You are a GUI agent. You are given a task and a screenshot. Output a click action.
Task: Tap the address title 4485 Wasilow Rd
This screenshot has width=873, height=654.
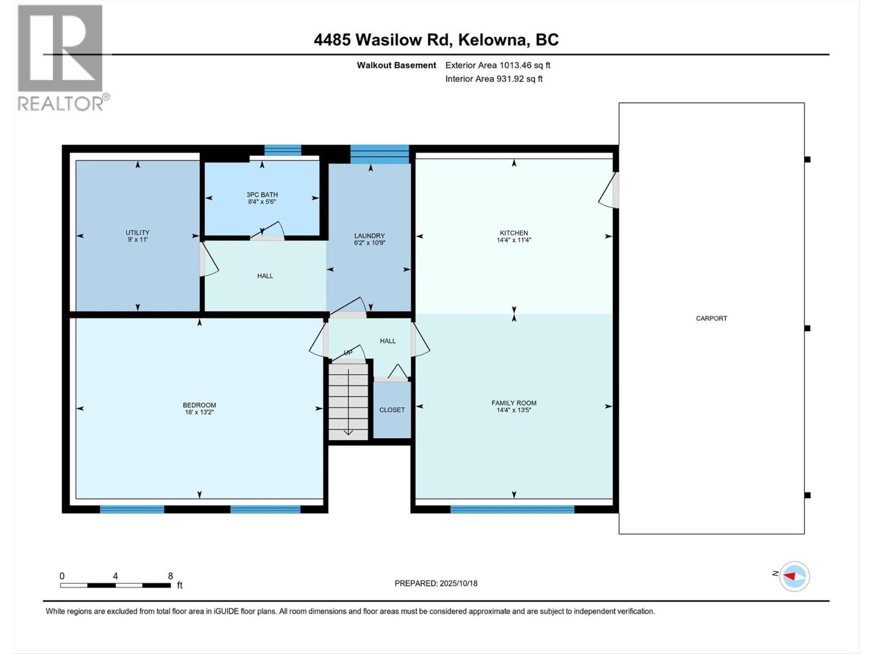pyautogui.click(x=381, y=40)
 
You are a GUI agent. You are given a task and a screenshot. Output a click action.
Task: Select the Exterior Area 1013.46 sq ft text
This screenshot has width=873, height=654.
pyautogui.click(x=498, y=65)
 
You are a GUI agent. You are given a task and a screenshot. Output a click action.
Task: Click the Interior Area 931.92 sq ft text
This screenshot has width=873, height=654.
pyautogui.click(x=494, y=78)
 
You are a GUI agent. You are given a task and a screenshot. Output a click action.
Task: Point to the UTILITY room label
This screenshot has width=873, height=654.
pyautogui.click(x=137, y=232)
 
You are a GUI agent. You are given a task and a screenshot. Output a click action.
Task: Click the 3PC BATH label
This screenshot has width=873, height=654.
pyautogui.click(x=262, y=195)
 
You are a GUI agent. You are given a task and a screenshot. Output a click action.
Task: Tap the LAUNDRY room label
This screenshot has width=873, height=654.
pyautogui.click(x=369, y=236)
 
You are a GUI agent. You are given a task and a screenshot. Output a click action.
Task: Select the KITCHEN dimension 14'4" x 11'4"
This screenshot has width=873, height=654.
pyautogui.click(x=514, y=240)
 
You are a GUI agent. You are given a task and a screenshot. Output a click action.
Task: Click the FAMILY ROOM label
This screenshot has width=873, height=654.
pyautogui.click(x=514, y=403)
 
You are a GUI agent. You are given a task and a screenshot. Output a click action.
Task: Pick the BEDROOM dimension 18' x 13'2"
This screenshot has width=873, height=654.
pyautogui.click(x=199, y=412)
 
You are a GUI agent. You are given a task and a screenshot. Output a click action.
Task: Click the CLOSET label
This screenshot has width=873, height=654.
pyautogui.click(x=392, y=410)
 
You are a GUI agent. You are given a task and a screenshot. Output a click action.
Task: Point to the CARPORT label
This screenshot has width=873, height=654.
pyautogui.click(x=711, y=318)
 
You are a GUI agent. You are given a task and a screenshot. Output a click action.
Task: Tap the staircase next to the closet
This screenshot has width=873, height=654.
pyautogui.click(x=349, y=401)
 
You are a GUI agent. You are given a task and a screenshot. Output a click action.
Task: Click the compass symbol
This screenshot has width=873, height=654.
pyautogui.click(x=794, y=577)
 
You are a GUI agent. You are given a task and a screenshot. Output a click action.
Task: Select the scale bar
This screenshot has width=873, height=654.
pyautogui.click(x=115, y=585)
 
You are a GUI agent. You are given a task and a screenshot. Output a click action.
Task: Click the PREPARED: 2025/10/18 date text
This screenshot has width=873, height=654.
pyautogui.click(x=436, y=583)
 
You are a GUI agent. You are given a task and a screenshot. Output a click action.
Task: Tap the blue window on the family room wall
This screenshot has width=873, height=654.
pyautogui.click(x=512, y=509)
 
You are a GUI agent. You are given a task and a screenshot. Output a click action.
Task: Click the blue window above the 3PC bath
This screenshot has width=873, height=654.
pyautogui.click(x=283, y=150)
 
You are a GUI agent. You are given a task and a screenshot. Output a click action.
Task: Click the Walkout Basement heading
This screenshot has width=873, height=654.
pyautogui.click(x=396, y=65)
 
